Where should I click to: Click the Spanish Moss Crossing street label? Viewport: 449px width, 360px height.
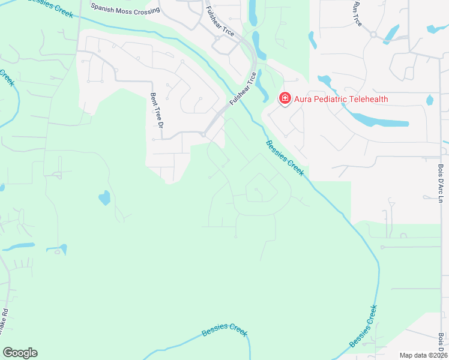click(125, 8)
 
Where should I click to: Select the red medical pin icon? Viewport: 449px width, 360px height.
click(284, 98)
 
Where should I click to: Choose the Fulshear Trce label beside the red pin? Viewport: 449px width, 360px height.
click(243, 90)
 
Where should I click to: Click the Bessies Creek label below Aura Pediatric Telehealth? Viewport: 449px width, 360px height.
click(285, 157)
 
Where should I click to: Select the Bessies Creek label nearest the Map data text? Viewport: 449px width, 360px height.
click(364, 326)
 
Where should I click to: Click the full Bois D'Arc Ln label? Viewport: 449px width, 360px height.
click(440, 184)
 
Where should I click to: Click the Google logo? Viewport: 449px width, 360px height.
click(20, 353)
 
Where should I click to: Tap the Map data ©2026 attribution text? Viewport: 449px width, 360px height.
click(423, 355)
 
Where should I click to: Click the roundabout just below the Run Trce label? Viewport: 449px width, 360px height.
click(373, 34)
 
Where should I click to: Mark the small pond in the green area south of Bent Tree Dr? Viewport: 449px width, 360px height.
click(104, 197)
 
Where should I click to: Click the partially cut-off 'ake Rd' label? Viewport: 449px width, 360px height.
click(4, 325)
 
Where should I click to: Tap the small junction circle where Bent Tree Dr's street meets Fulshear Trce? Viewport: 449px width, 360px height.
click(204, 134)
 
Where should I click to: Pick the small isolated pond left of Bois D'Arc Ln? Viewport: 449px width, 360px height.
click(429, 100)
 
